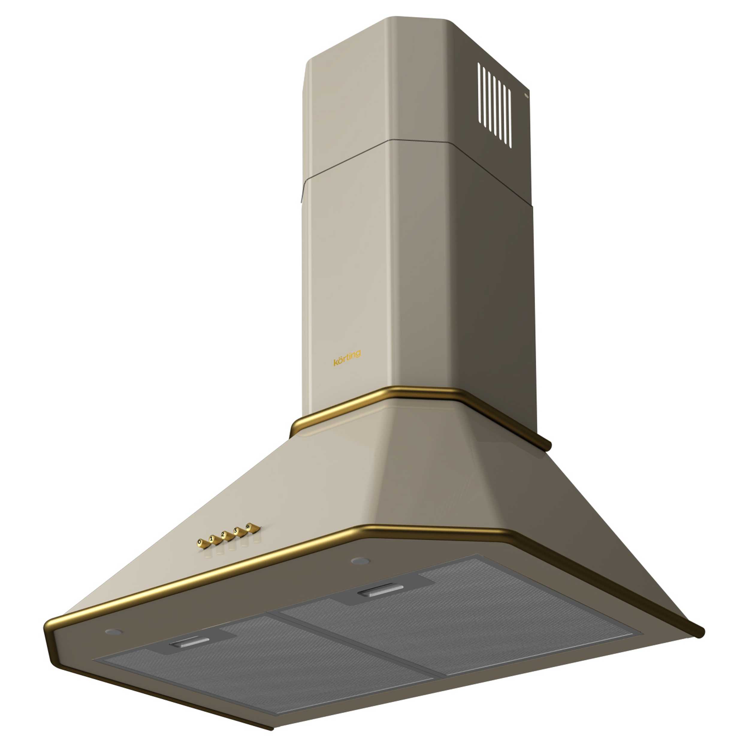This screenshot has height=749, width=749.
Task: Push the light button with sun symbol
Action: (x=248, y=526)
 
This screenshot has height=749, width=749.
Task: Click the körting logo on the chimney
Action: (x=347, y=358)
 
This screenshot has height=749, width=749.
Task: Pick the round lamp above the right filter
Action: (x=360, y=561)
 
